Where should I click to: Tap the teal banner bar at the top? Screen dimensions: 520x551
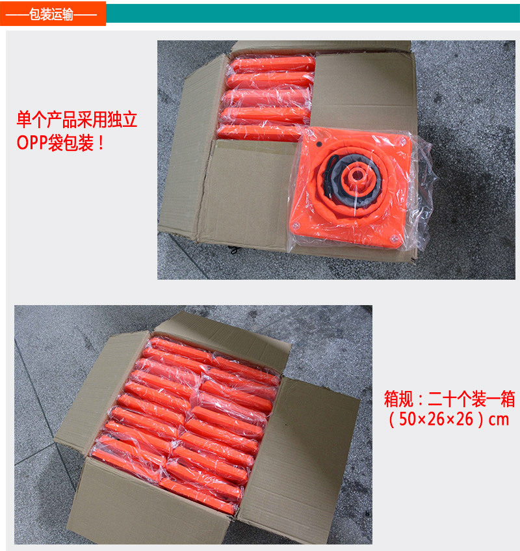point(313,14)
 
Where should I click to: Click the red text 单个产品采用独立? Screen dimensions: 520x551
point(77,120)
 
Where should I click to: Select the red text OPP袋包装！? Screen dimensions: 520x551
point(60,142)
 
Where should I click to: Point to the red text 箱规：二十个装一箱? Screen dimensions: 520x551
point(449,399)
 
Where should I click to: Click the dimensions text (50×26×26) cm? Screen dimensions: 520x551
point(448,419)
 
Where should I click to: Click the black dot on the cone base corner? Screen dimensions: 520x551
point(318,144)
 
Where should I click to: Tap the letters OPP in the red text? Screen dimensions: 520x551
point(32,142)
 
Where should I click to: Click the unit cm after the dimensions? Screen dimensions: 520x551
point(499,420)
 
